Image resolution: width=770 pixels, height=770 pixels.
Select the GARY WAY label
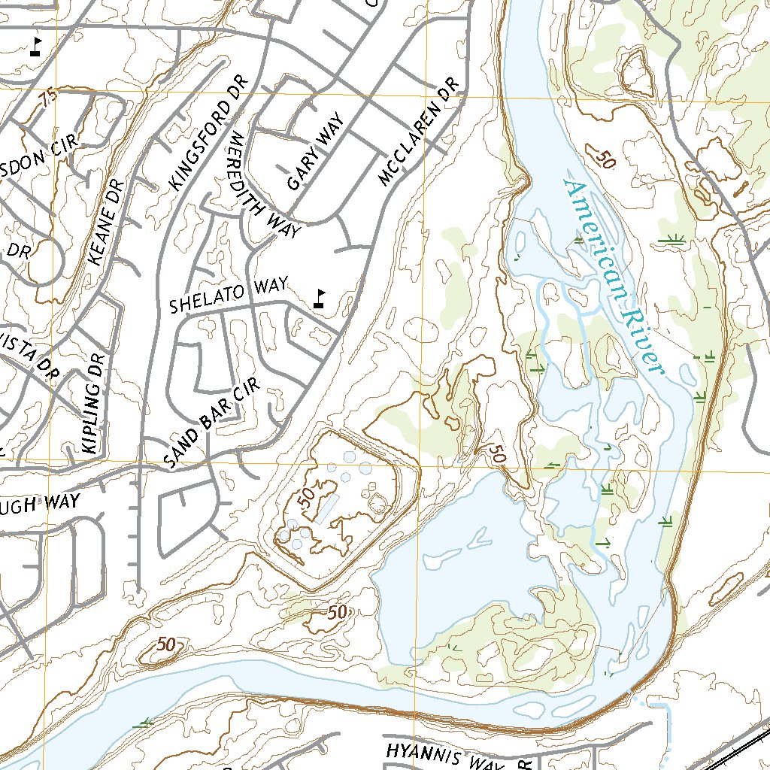click(x=314, y=153)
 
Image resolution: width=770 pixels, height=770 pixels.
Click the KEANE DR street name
click(x=105, y=222)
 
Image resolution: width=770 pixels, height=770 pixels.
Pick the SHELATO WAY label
click(x=229, y=296)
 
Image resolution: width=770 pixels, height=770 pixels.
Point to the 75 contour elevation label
click(x=50, y=98)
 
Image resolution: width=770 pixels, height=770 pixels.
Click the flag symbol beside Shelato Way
click(x=320, y=298)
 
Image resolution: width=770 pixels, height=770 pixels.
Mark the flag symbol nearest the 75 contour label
click(x=35, y=47)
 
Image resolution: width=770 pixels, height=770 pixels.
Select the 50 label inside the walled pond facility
click(x=304, y=498)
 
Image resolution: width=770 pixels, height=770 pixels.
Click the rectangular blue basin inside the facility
click(x=327, y=508)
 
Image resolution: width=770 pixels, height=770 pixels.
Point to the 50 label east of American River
click(x=603, y=159)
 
